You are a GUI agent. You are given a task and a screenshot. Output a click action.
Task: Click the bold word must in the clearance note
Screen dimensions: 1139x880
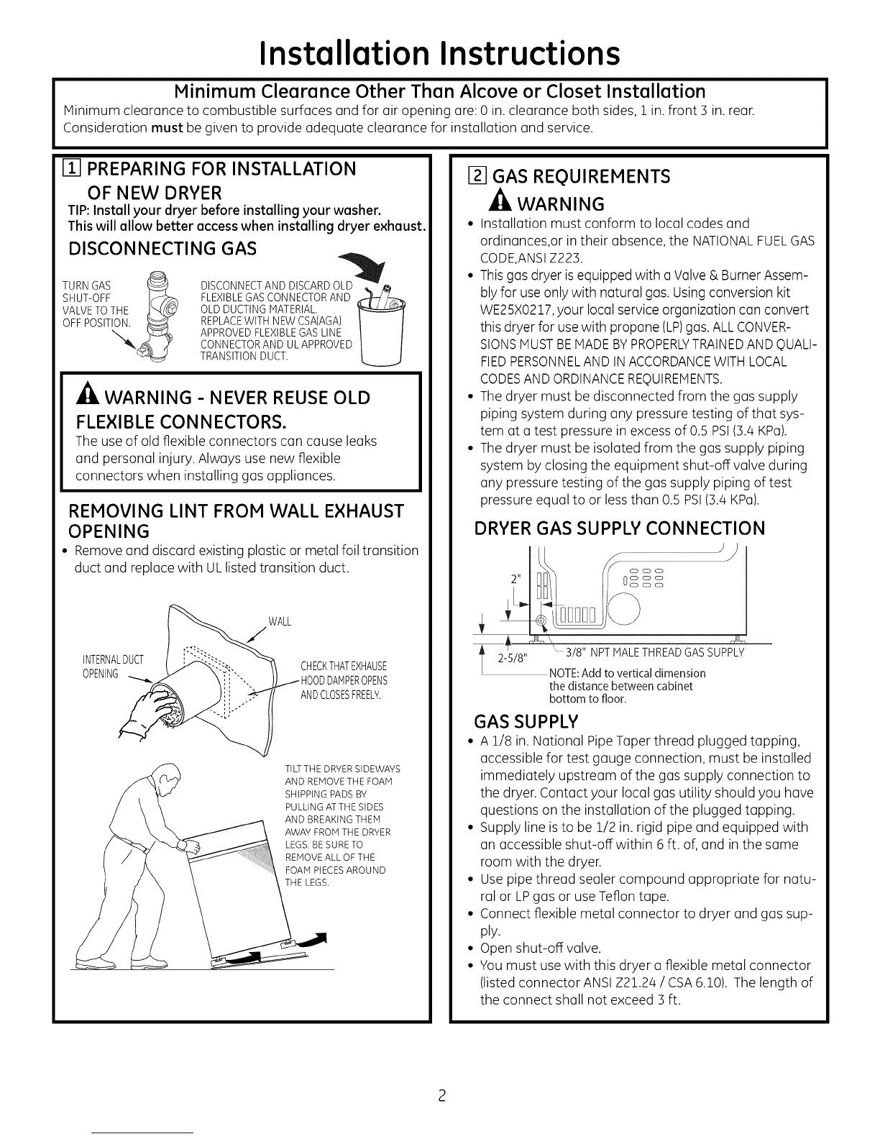[x=169, y=129]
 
